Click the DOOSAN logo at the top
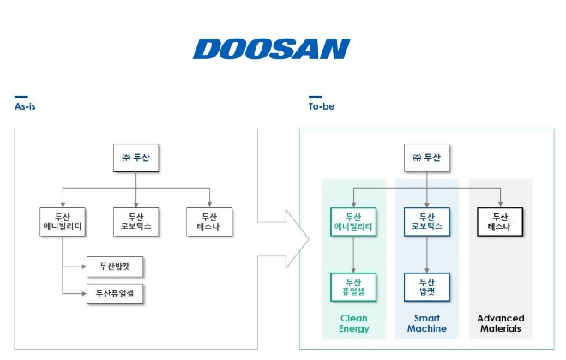coord(271,48)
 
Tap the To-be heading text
coord(321,107)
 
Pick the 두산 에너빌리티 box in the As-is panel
coord(63,222)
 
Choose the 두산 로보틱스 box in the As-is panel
coord(136,222)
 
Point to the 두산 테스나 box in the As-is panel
coord(209,222)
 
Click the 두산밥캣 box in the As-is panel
coord(115,267)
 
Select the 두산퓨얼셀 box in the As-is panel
coord(115,294)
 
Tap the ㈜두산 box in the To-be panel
coord(426,158)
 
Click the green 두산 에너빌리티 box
coord(353,222)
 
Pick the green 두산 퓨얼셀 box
coord(353,285)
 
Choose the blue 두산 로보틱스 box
coord(426,222)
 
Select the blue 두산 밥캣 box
coord(426,285)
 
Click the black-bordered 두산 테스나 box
coord(500,222)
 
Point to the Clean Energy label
coord(353,323)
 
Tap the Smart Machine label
coord(426,323)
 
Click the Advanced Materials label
coord(500,323)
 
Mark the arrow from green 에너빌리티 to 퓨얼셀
coord(353,254)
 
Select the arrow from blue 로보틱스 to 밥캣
coord(426,254)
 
